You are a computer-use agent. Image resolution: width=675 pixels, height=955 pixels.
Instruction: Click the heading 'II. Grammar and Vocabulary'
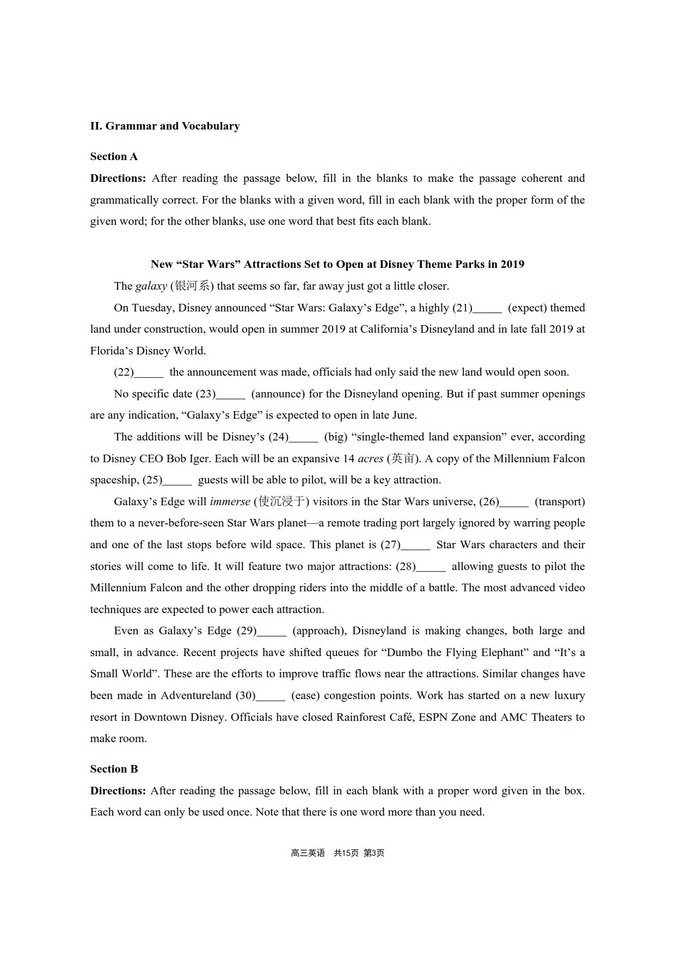click(x=165, y=126)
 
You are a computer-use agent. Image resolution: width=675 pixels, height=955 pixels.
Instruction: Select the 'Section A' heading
click(x=114, y=157)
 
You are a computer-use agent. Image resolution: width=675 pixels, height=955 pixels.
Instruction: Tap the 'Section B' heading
click(x=114, y=769)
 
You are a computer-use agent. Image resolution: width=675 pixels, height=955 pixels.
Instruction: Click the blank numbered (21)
click(x=487, y=309)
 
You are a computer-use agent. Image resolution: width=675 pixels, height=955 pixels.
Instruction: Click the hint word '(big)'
click(x=336, y=437)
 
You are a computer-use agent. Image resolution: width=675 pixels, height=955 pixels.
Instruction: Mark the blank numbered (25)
click(x=177, y=481)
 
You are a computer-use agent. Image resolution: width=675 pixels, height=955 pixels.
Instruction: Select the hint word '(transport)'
click(x=560, y=502)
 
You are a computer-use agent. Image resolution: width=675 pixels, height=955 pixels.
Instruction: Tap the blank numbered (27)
click(x=415, y=546)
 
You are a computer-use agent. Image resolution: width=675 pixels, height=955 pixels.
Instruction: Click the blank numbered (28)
click(x=431, y=568)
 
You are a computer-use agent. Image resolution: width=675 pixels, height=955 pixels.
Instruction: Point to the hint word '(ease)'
click(x=305, y=696)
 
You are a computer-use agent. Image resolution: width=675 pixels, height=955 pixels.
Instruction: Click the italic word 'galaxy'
click(x=151, y=286)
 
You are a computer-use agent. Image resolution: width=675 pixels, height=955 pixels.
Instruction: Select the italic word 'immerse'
click(x=230, y=502)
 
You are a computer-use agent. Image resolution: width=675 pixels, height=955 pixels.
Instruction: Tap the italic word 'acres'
click(x=370, y=459)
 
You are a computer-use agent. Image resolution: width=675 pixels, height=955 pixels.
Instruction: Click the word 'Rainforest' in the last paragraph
click(x=361, y=718)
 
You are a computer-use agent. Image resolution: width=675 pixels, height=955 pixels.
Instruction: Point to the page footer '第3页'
click(x=374, y=853)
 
